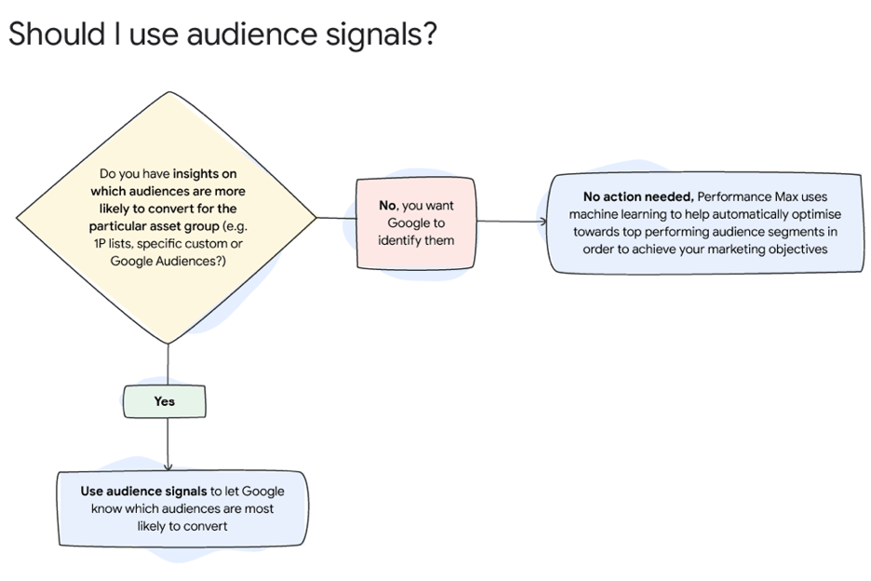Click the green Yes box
click(164, 401)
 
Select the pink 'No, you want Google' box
click(416, 223)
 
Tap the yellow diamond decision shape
click(167, 218)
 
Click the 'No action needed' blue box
click(704, 223)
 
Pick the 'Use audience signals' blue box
click(181, 508)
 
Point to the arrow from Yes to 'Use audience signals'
click(167, 447)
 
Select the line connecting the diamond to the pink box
click(336, 218)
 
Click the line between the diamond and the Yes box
click(167, 363)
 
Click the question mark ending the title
click(428, 34)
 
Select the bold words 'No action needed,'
click(637, 196)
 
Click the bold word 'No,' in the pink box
click(387, 206)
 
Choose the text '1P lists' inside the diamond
click(113, 243)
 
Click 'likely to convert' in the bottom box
click(181, 526)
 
